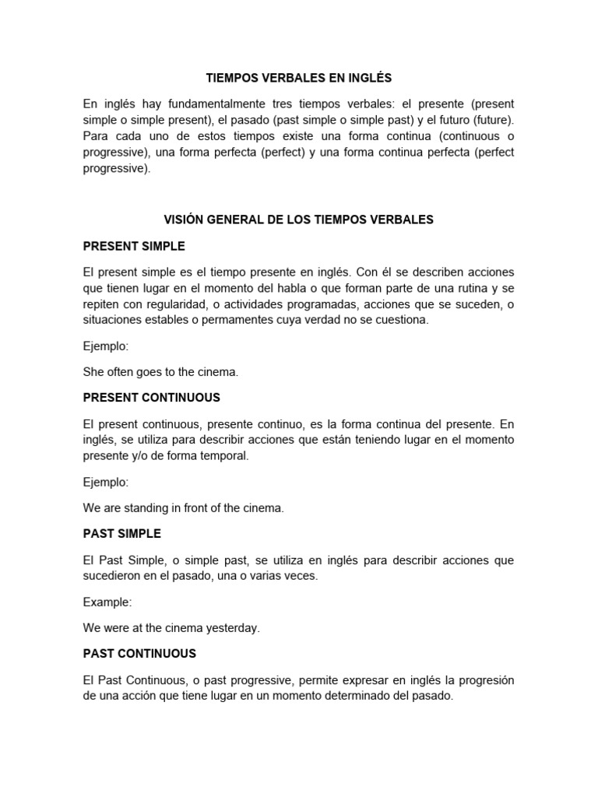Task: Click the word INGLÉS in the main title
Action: pos(370,79)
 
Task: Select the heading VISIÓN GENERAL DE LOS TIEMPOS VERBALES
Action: pos(298,220)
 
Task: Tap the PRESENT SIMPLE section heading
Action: pos(134,246)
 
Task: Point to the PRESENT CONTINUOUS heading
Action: pos(151,398)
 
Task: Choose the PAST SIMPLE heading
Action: pos(121,534)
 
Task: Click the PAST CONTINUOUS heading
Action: pos(139,654)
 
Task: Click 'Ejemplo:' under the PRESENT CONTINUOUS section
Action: pos(106,483)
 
